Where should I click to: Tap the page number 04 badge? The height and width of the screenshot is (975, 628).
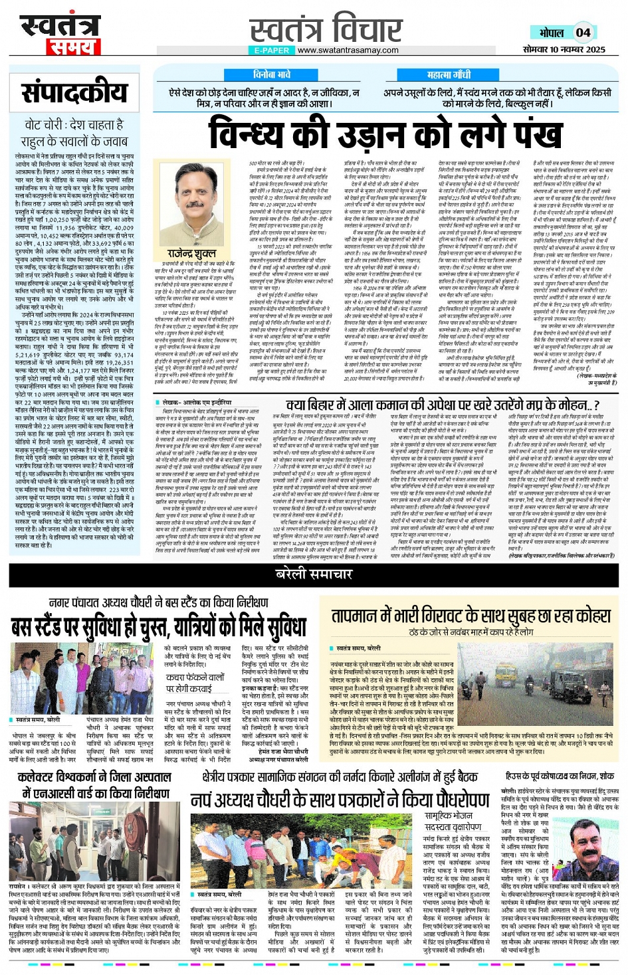point(583,33)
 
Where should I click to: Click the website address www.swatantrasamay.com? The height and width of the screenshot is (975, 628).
point(348,50)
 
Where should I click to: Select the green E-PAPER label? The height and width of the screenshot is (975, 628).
point(272,50)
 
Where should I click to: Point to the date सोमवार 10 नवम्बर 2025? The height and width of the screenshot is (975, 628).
point(564,49)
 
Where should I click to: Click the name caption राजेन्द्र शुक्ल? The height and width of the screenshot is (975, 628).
point(191,254)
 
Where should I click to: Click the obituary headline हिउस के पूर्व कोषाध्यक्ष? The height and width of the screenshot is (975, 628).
point(560,776)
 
